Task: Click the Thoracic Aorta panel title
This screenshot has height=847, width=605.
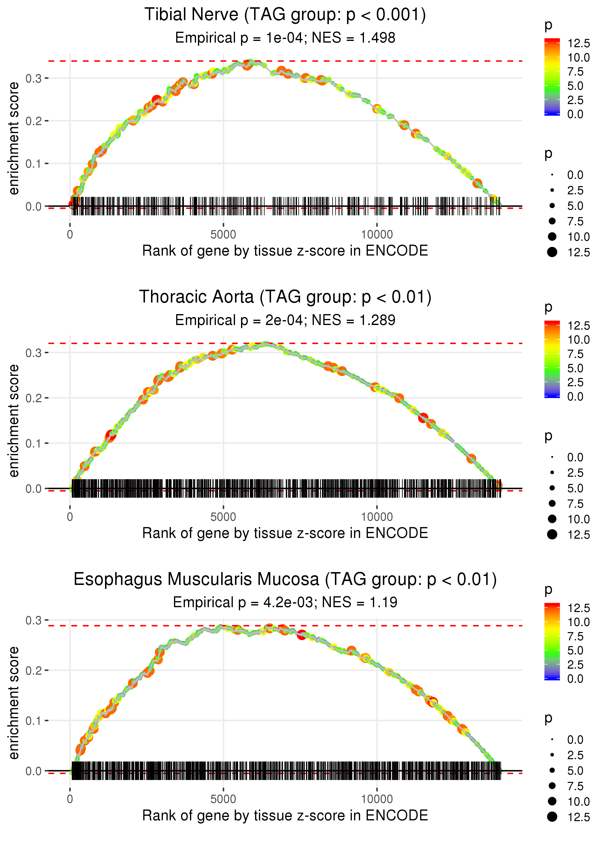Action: [285, 297]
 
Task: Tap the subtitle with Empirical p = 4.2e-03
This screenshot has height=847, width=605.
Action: [285, 602]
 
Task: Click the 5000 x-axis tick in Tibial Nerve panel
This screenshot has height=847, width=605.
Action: [223, 235]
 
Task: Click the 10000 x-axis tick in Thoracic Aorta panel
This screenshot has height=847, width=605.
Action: [377, 517]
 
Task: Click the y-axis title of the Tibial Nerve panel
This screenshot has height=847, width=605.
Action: [14, 139]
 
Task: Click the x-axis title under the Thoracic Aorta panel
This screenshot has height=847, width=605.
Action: [285, 533]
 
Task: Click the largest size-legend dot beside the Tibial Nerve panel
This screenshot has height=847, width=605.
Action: [552, 252]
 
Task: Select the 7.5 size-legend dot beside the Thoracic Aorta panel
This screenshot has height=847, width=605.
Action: [552, 504]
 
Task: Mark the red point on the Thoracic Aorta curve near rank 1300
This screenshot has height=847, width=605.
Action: [111, 435]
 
